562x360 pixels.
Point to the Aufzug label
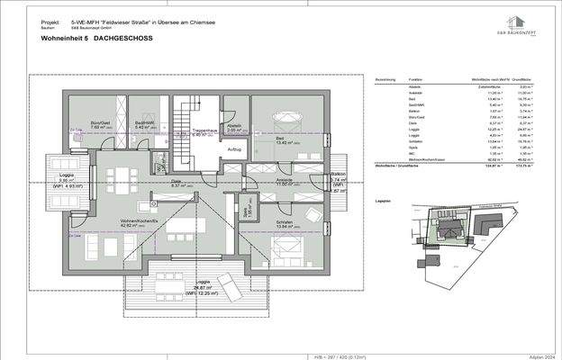pos(234,148)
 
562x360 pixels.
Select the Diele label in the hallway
pos(177,181)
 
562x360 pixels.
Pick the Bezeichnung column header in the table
pos(386,79)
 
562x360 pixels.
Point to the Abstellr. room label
pos(234,126)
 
